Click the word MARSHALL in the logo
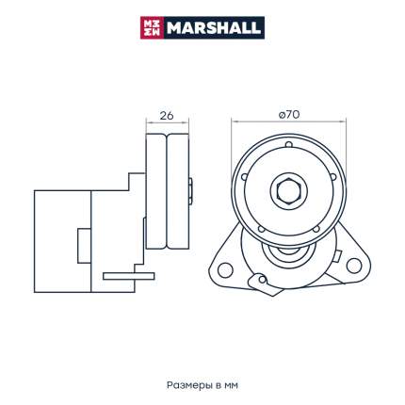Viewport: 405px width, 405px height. click(214, 28)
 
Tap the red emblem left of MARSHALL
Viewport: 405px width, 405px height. click(152, 28)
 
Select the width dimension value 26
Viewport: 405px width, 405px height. click(167, 116)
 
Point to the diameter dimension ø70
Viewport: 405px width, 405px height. click(289, 115)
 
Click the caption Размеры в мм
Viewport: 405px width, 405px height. click(202, 385)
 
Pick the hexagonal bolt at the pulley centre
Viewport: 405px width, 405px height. click(289, 191)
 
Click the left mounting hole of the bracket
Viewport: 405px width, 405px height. click(225, 270)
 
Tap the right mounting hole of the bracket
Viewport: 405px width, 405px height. click(354, 266)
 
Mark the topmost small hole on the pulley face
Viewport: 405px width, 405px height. click(289, 145)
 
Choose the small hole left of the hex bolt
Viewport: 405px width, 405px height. click(244, 177)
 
